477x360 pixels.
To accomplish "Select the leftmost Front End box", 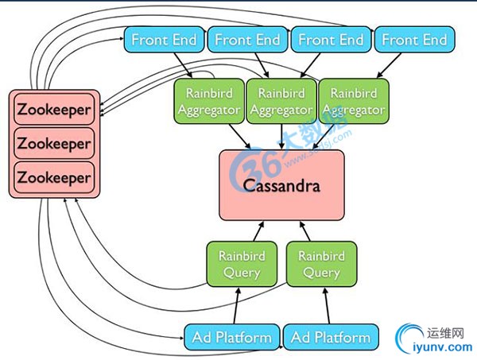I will point(163,39).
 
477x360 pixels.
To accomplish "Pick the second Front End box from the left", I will point(246,39).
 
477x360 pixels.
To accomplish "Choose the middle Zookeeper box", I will point(54,144).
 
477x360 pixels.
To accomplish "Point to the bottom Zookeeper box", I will point(54,178).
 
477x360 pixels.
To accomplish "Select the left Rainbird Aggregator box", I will point(207,101).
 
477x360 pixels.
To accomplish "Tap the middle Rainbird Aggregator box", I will point(280,101).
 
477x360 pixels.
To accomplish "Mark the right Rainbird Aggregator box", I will point(351,101).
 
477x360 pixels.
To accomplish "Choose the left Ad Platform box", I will point(232,337).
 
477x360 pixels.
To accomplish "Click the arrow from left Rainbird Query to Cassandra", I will point(255,232).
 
